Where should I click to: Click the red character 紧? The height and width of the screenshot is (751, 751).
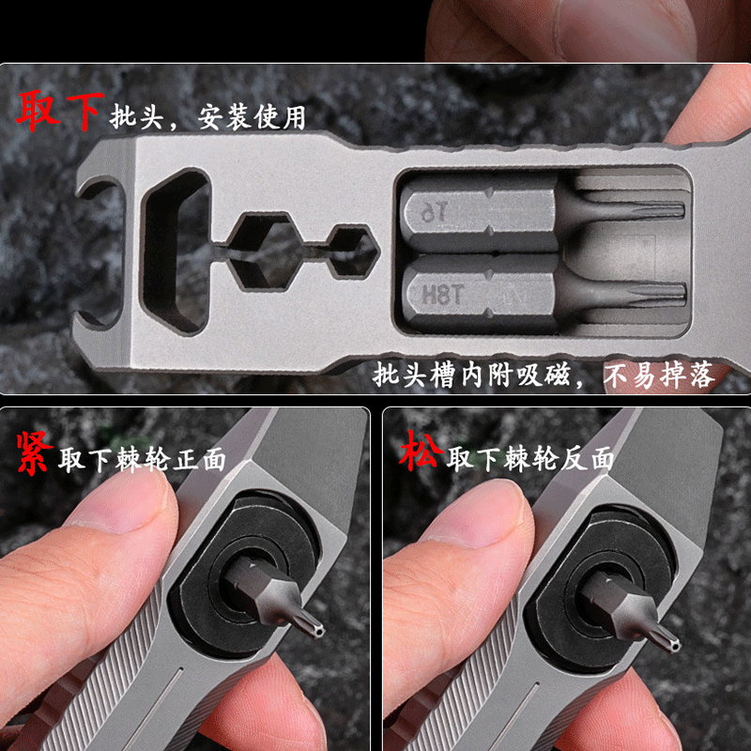(x=33, y=453)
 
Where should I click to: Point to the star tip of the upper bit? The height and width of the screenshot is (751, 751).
(x=657, y=210)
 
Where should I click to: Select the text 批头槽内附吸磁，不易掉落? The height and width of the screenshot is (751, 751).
(x=543, y=375)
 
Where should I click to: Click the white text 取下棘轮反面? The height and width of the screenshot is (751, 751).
(x=530, y=460)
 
